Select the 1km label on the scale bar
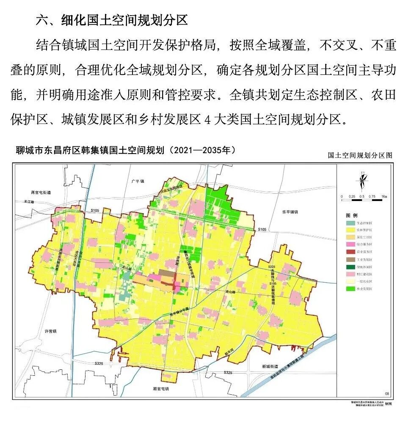(384, 197)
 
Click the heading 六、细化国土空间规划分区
(111, 20)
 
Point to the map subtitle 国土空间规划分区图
(360, 155)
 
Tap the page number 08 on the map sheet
(386, 393)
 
